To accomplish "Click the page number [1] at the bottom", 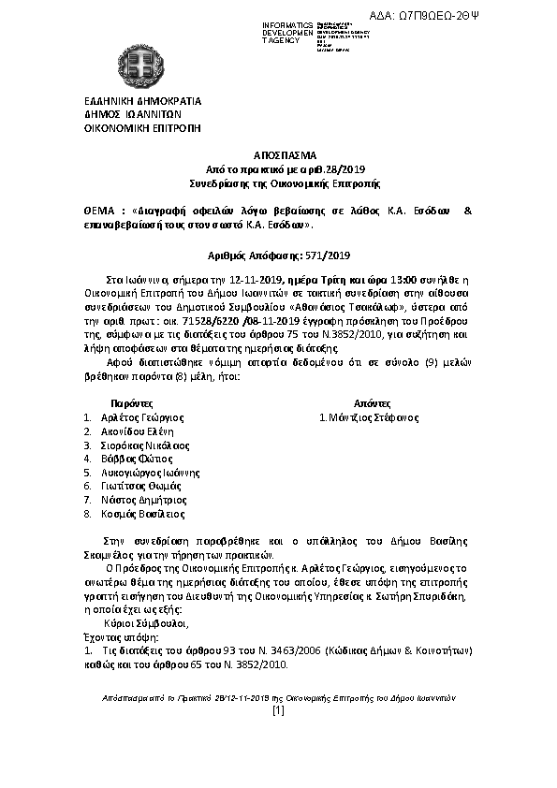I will (x=277, y=711).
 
